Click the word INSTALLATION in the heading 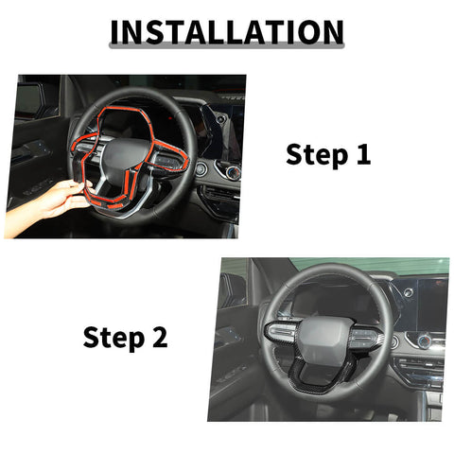point(226,32)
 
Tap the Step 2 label point(125,337)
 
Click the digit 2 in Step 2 point(158,337)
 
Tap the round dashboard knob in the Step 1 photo point(201,170)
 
